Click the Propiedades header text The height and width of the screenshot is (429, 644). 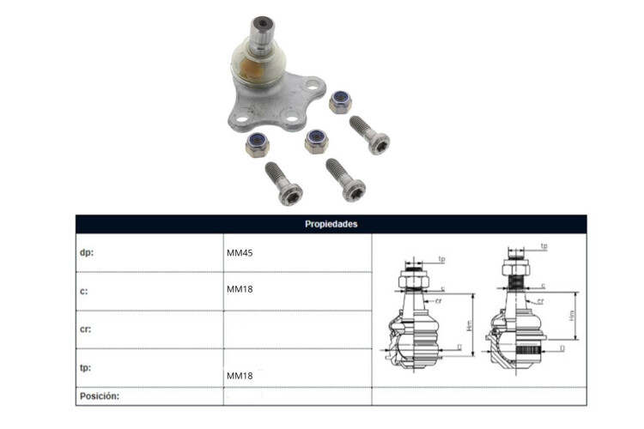tap(331, 224)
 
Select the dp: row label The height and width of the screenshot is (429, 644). tap(87, 252)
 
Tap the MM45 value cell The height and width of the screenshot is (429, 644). tap(240, 253)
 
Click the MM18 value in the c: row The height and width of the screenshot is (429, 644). tap(240, 289)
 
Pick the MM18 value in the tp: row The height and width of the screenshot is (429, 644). tap(240, 376)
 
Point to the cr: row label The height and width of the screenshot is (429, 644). tap(85, 329)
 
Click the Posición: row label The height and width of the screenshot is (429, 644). tap(100, 396)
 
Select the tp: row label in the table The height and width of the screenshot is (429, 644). tap(85, 367)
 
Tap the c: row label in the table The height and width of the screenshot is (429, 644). tap(84, 291)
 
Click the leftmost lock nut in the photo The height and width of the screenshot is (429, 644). tap(258, 144)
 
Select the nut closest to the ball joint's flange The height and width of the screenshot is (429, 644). tap(341, 102)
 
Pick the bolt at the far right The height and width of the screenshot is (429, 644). tap(369, 135)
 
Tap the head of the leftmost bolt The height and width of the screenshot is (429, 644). tap(290, 194)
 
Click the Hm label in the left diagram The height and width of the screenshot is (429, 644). tap(470, 325)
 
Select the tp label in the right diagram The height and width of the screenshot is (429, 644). tap(544, 246)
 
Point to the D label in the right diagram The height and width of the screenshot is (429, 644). tap(562, 348)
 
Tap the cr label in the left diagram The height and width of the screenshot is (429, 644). tap(438, 301)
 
